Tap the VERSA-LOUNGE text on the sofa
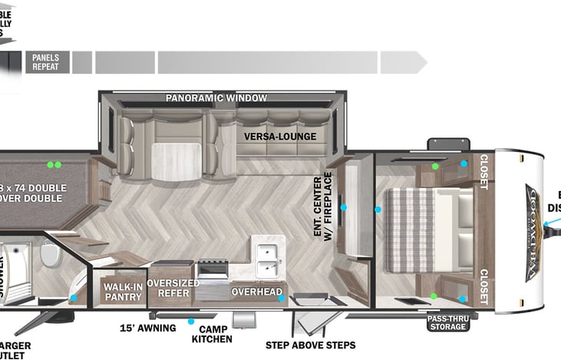click(x=280, y=137)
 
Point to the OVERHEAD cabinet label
click(x=253, y=292)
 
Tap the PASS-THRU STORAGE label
click(x=447, y=322)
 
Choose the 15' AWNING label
click(x=147, y=329)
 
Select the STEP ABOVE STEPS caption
click(x=310, y=345)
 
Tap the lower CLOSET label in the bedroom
click(x=483, y=287)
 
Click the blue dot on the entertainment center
click(x=344, y=207)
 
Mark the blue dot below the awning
click(x=191, y=322)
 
